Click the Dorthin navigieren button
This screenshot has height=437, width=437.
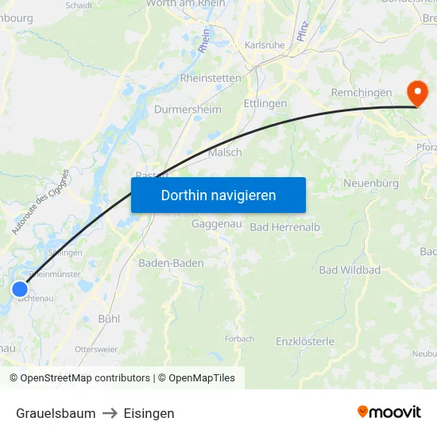click(218, 195)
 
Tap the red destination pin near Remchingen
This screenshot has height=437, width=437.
click(416, 93)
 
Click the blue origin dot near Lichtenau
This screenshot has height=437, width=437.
click(20, 289)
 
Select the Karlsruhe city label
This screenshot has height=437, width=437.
click(265, 45)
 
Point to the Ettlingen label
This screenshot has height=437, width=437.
click(265, 103)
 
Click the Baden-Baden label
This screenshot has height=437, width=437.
click(171, 263)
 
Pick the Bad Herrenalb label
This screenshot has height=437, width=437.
click(285, 227)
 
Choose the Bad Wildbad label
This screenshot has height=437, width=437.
click(350, 270)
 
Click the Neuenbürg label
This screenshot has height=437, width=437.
click(370, 184)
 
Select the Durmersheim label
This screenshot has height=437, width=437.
click(188, 109)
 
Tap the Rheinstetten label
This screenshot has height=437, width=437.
click(211, 78)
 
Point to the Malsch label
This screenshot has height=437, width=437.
click(225, 153)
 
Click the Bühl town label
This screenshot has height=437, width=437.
click(108, 319)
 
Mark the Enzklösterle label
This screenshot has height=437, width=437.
click(305, 342)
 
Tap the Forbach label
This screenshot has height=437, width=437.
click(239, 338)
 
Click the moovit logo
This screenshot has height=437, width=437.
click(389, 412)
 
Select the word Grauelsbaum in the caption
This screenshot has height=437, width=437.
click(56, 413)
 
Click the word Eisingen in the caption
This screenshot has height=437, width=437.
click(149, 413)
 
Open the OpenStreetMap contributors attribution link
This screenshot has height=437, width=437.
click(85, 378)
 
